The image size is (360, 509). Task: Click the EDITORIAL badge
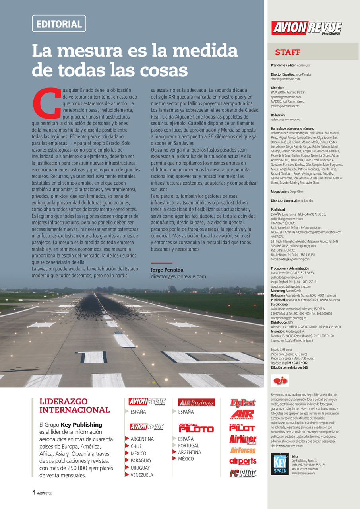59,23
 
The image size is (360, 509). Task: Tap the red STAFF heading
288,52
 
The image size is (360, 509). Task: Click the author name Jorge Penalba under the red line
167,270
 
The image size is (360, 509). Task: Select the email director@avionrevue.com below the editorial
178,276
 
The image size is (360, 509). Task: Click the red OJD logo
280,381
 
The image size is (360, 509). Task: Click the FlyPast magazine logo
243,403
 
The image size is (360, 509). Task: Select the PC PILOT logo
243,473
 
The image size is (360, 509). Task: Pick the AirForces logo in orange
243,451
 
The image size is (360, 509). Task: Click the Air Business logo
196,403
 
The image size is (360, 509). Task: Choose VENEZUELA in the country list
141,475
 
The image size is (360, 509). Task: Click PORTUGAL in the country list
188,446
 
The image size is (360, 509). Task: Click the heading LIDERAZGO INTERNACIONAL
74,406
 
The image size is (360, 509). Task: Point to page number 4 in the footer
34,492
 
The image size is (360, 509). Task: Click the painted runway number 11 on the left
92,357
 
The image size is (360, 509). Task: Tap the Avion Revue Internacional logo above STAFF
307,28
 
